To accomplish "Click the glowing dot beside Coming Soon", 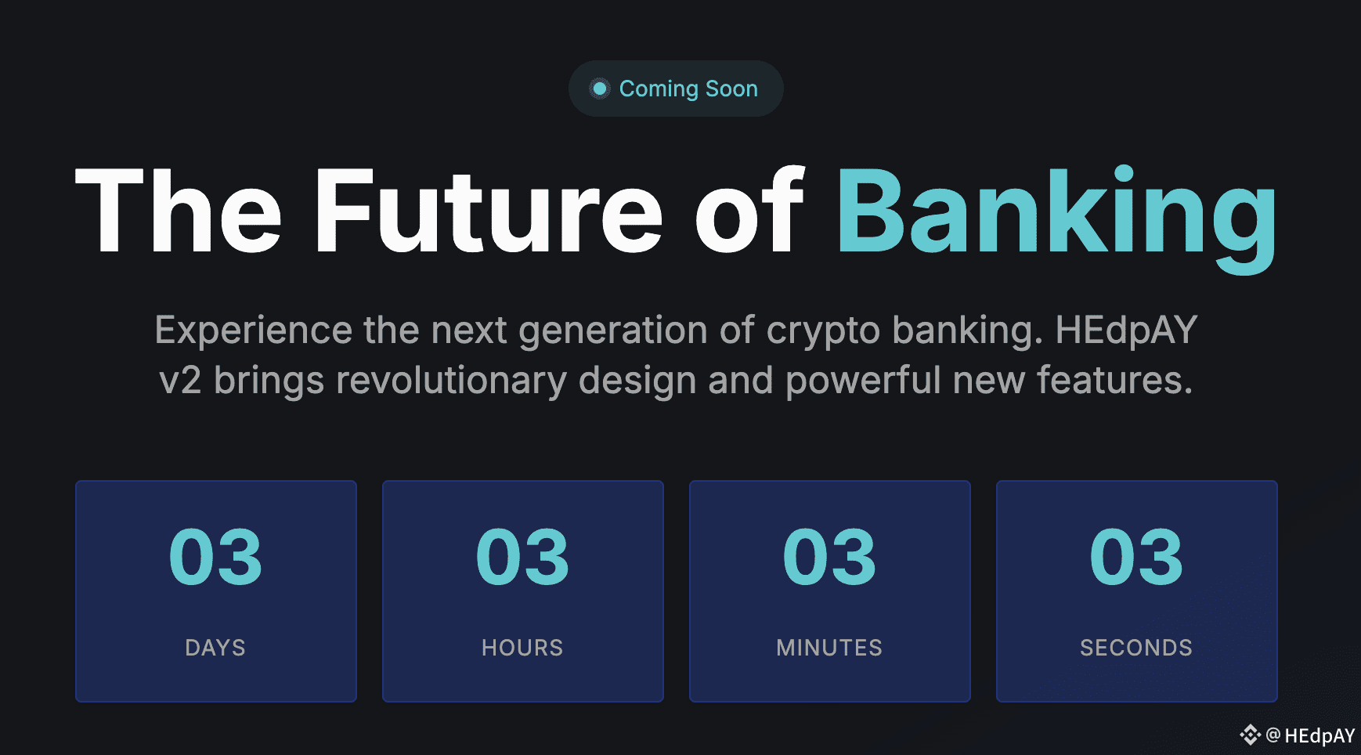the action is coord(600,89).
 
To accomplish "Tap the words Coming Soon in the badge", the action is coord(688,89).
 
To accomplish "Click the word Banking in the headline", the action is coord(1056,217).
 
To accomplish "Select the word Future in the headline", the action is coord(489,211).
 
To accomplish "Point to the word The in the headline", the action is coord(178,211).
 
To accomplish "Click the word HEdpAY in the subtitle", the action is coord(1126,330).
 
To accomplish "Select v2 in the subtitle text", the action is coord(180,381).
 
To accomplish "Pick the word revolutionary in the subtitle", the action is coord(451,381).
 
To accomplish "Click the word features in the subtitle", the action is coord(1114,380).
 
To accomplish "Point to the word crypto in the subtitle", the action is coord(823,331).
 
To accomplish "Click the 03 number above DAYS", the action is coord(216,557).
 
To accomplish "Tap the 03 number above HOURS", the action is coord(523,557).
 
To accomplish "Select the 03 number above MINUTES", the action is coord(830,557).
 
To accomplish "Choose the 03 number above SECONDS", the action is coord(1137,557).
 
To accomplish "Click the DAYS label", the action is coord(215,648).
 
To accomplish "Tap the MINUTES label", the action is coord(829,648).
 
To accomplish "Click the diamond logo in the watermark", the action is coord(1251,735).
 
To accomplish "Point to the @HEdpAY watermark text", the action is coord(1310,735).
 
